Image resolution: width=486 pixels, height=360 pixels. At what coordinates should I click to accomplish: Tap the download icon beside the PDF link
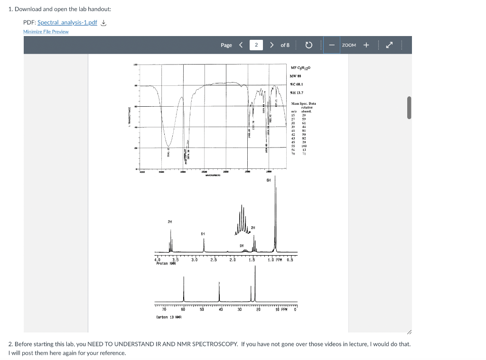[x=103, y=23]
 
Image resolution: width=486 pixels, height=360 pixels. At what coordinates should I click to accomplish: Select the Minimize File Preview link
[x=46, y=32]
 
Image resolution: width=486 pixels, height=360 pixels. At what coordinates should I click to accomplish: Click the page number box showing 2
[x=256, y=45]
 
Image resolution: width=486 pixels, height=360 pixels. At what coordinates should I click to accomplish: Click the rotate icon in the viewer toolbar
[x=308, y=45]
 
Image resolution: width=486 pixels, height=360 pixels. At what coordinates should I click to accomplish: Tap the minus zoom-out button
[x=331, y=45]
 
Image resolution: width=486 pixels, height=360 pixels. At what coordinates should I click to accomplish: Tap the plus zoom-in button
[x=366, y=45]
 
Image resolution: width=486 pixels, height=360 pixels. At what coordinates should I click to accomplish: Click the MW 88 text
[x=296, y=76]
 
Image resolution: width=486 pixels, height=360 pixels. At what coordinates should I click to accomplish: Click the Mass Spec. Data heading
[x=303, y=103]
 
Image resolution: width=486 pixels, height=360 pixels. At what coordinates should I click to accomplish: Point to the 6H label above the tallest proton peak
[x=269, y=180]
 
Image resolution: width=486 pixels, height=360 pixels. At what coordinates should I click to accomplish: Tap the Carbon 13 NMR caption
[x=166, y=317]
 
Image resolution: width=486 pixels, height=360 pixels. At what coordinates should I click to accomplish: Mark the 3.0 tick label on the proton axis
[x=194, y=259]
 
